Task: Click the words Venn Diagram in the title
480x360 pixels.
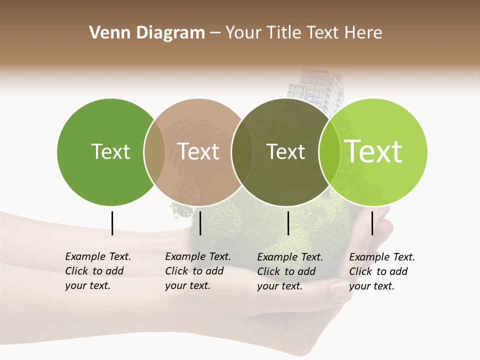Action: pos(147,33)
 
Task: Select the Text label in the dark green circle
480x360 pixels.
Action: pos(110,151)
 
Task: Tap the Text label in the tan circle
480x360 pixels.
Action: pos(198,151)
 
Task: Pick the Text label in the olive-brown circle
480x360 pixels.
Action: pos(286,151)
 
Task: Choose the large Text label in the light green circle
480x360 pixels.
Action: pos(373,151)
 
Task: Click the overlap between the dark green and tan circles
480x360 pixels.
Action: pos(154,152)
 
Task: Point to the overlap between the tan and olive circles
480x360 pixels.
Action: pos(242,152)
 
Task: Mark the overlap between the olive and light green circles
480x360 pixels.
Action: pos(329,152)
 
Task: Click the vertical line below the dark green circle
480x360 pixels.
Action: pos(112,223)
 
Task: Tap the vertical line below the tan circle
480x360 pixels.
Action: pos(200,223)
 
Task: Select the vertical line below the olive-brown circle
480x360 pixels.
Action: pos(288,223)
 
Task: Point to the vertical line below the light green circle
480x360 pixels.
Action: pos(372,223)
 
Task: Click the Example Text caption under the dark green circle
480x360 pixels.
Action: pos(98,271)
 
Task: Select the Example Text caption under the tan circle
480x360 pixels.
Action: pos(198,271)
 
